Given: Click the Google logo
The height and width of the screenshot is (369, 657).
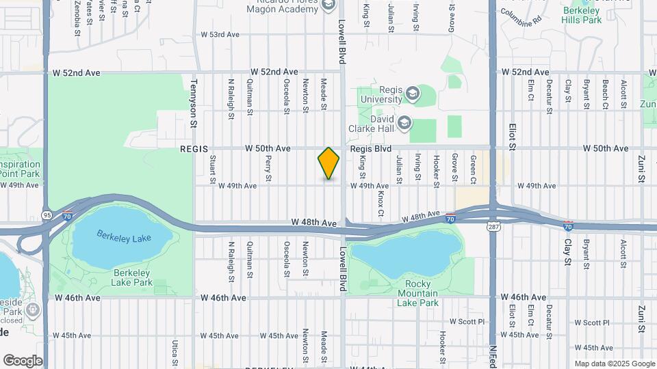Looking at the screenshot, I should [x=23, y=360].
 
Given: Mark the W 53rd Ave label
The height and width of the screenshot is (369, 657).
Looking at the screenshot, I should [x=220, y=34].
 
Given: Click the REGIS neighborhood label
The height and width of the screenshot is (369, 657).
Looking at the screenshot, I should [x=193, y=148].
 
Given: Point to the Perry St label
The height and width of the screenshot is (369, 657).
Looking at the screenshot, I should [x=269, y=165].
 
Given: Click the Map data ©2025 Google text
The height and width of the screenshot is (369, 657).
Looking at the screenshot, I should [x=613, y=364].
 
